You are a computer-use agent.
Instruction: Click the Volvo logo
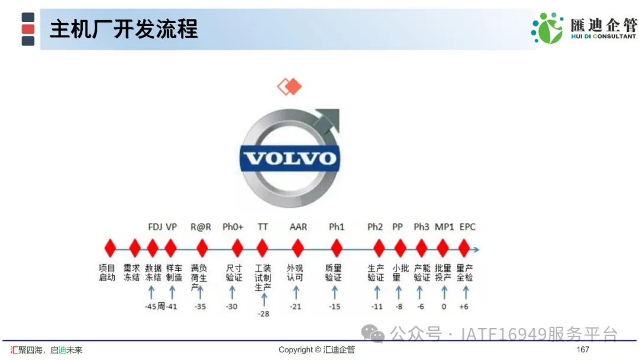click(290, 158)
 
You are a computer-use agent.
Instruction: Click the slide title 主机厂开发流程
click(124, 30)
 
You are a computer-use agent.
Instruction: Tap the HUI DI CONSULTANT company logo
click(583, 28)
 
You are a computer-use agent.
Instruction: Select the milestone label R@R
click(201, 227)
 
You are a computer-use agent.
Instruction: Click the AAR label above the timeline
click(298, 227)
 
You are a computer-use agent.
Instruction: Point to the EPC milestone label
click(467, 227)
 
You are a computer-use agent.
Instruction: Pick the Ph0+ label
click(233, 227)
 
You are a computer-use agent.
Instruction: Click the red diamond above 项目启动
click(110, 248)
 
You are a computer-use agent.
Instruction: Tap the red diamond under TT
click(263, 248)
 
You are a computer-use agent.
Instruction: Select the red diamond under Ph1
click(337, 248)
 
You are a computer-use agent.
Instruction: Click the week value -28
click(264, 314)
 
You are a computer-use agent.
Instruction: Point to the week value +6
click(464, 307)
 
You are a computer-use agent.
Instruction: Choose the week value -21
click(295, 307)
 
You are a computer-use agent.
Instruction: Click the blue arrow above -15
click(334, 292)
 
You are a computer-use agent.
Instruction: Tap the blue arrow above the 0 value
click(444, 292)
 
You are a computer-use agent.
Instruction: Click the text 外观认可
click(295, 273)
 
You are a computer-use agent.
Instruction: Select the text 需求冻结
click(131, 273)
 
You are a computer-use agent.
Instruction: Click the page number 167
click(583, 349)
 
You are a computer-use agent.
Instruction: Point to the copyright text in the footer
click(317, 350)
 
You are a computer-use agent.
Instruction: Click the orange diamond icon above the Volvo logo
click(290, 86)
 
